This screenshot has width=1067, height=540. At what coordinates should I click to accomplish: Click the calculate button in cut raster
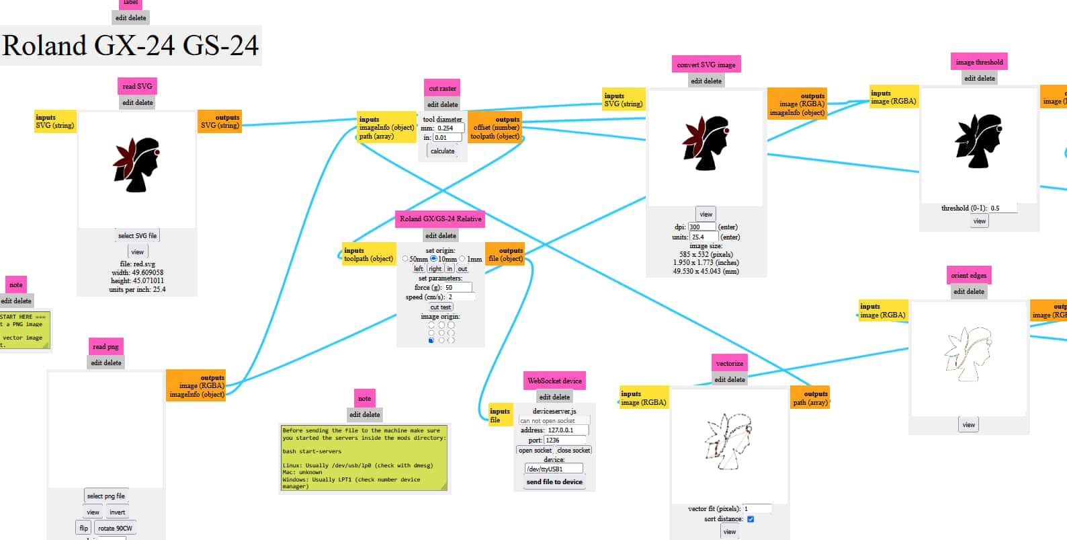click(x=442, y=151)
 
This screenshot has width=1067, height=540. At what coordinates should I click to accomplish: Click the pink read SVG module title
click(x=137, y=86)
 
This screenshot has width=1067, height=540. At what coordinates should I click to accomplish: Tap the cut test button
click(x=441, y=307)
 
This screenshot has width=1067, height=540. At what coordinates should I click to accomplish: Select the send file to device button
click(x=554, y=482)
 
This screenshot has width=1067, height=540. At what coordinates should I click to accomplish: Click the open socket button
click(x=535, y=451)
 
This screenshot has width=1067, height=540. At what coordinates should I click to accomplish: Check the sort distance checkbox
click(x=751, y=519)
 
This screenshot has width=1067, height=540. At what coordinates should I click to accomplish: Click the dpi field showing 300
click(x=702, y=227)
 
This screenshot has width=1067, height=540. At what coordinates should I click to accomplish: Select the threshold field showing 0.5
click(x=1002, y=208)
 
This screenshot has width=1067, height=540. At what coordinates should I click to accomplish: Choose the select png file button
click(x=105, y=496)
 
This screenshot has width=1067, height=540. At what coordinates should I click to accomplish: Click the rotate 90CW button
click(x=115, y=529)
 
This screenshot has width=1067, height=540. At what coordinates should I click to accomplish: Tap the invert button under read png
click(x=118, y=512)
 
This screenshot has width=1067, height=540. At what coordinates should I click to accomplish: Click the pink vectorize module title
click(x=729, y=363)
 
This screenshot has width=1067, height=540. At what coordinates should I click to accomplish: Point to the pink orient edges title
click(x=968, y=275)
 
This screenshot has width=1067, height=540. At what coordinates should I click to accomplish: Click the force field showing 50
click(x=458, y=288)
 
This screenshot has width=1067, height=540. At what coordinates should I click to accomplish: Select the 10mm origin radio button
click(x=434, y=259)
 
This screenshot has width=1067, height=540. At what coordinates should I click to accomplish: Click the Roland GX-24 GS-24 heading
click(x=130, y=46)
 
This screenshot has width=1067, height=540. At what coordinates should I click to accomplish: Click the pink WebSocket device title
click(x=554, y=381)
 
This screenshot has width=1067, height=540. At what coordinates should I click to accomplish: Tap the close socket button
click(x=574, y=451)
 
